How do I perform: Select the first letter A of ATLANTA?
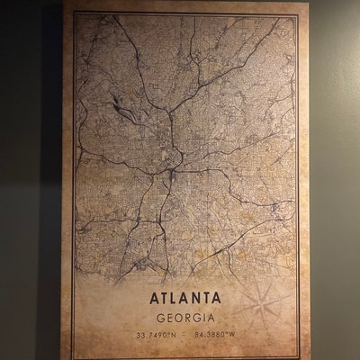(x=140, y=298)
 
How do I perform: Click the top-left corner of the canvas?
(x=64, y=3)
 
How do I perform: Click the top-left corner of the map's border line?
(x=75, y=13)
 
